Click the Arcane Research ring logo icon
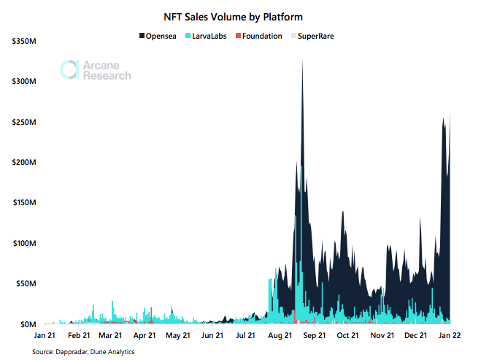pyautogui.click(x=69, y=70)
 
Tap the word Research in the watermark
pyautogui.click(x=107, y=75)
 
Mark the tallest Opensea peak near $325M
pyautogui.click(x=302, y=61)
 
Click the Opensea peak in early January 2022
pyautogui.click(x=444, y=120)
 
